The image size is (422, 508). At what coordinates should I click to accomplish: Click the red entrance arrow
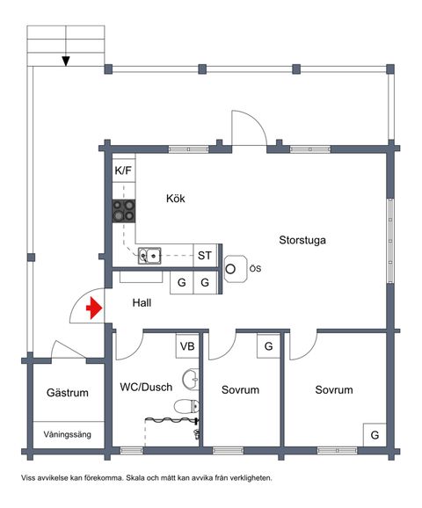tap(94, 308)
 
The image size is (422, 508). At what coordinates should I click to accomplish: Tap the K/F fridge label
tap(123, 171)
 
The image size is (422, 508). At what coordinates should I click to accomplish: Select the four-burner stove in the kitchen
tap(124, 211)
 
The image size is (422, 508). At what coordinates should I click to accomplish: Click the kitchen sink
tap(149, 256)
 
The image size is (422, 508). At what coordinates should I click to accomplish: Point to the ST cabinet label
tap(205, 256)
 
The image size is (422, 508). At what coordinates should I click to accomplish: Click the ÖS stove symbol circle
tap(230, 269)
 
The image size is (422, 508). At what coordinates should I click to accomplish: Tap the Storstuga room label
tap(302, 241)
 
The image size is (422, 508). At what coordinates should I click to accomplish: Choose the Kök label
tap(176, 199)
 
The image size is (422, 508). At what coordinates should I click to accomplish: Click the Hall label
tap(142, 303)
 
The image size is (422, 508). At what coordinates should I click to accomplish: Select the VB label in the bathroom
tap(187, 346)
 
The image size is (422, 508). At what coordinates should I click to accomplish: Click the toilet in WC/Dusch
tap(186, 406)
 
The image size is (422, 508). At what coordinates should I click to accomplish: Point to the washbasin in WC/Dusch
tap(191, 379)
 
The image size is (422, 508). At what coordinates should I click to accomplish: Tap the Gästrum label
tap(68, 393)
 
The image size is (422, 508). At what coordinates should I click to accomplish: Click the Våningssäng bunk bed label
tap(68, 434)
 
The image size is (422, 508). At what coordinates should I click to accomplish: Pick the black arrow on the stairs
tap(66, 62)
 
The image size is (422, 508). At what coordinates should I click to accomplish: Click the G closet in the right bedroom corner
tap(375, 435)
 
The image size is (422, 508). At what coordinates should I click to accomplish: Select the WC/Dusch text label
tap(146, 387)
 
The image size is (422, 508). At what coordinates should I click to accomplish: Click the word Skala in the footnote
tap(135, 478)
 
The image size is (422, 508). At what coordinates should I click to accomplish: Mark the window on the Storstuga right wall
tap(390, 241)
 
